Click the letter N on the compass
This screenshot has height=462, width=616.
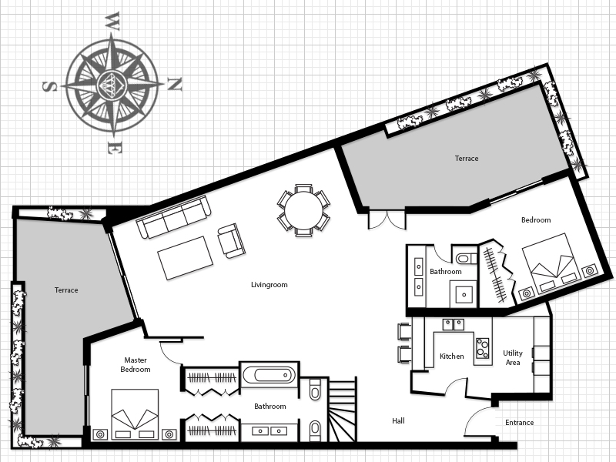(175, 84)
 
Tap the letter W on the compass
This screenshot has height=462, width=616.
(112, 22)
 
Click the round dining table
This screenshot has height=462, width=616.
(303, 210)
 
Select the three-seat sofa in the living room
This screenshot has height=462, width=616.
(173, 216)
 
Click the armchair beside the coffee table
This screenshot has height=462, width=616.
(232, 240)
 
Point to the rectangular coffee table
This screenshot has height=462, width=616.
(185, 258)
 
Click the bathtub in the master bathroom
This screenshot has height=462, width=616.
(269, 375)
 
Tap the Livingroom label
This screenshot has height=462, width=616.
(269, 285)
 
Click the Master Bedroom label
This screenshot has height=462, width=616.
(136, 364)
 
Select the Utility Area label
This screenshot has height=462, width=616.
(513, 357)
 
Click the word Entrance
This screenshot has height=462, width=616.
(519, 423)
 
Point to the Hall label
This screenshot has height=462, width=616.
(398, 420)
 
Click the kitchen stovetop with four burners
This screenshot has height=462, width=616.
(483, 348)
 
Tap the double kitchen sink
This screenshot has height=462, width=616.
(454, 324)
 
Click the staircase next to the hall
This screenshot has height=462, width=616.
(342, 410)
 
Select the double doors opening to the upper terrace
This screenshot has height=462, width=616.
(387, 220)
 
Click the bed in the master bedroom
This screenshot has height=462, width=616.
(135, 414)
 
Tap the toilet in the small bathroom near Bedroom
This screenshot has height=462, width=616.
(466, 259)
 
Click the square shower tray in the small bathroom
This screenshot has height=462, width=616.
(464, 294)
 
